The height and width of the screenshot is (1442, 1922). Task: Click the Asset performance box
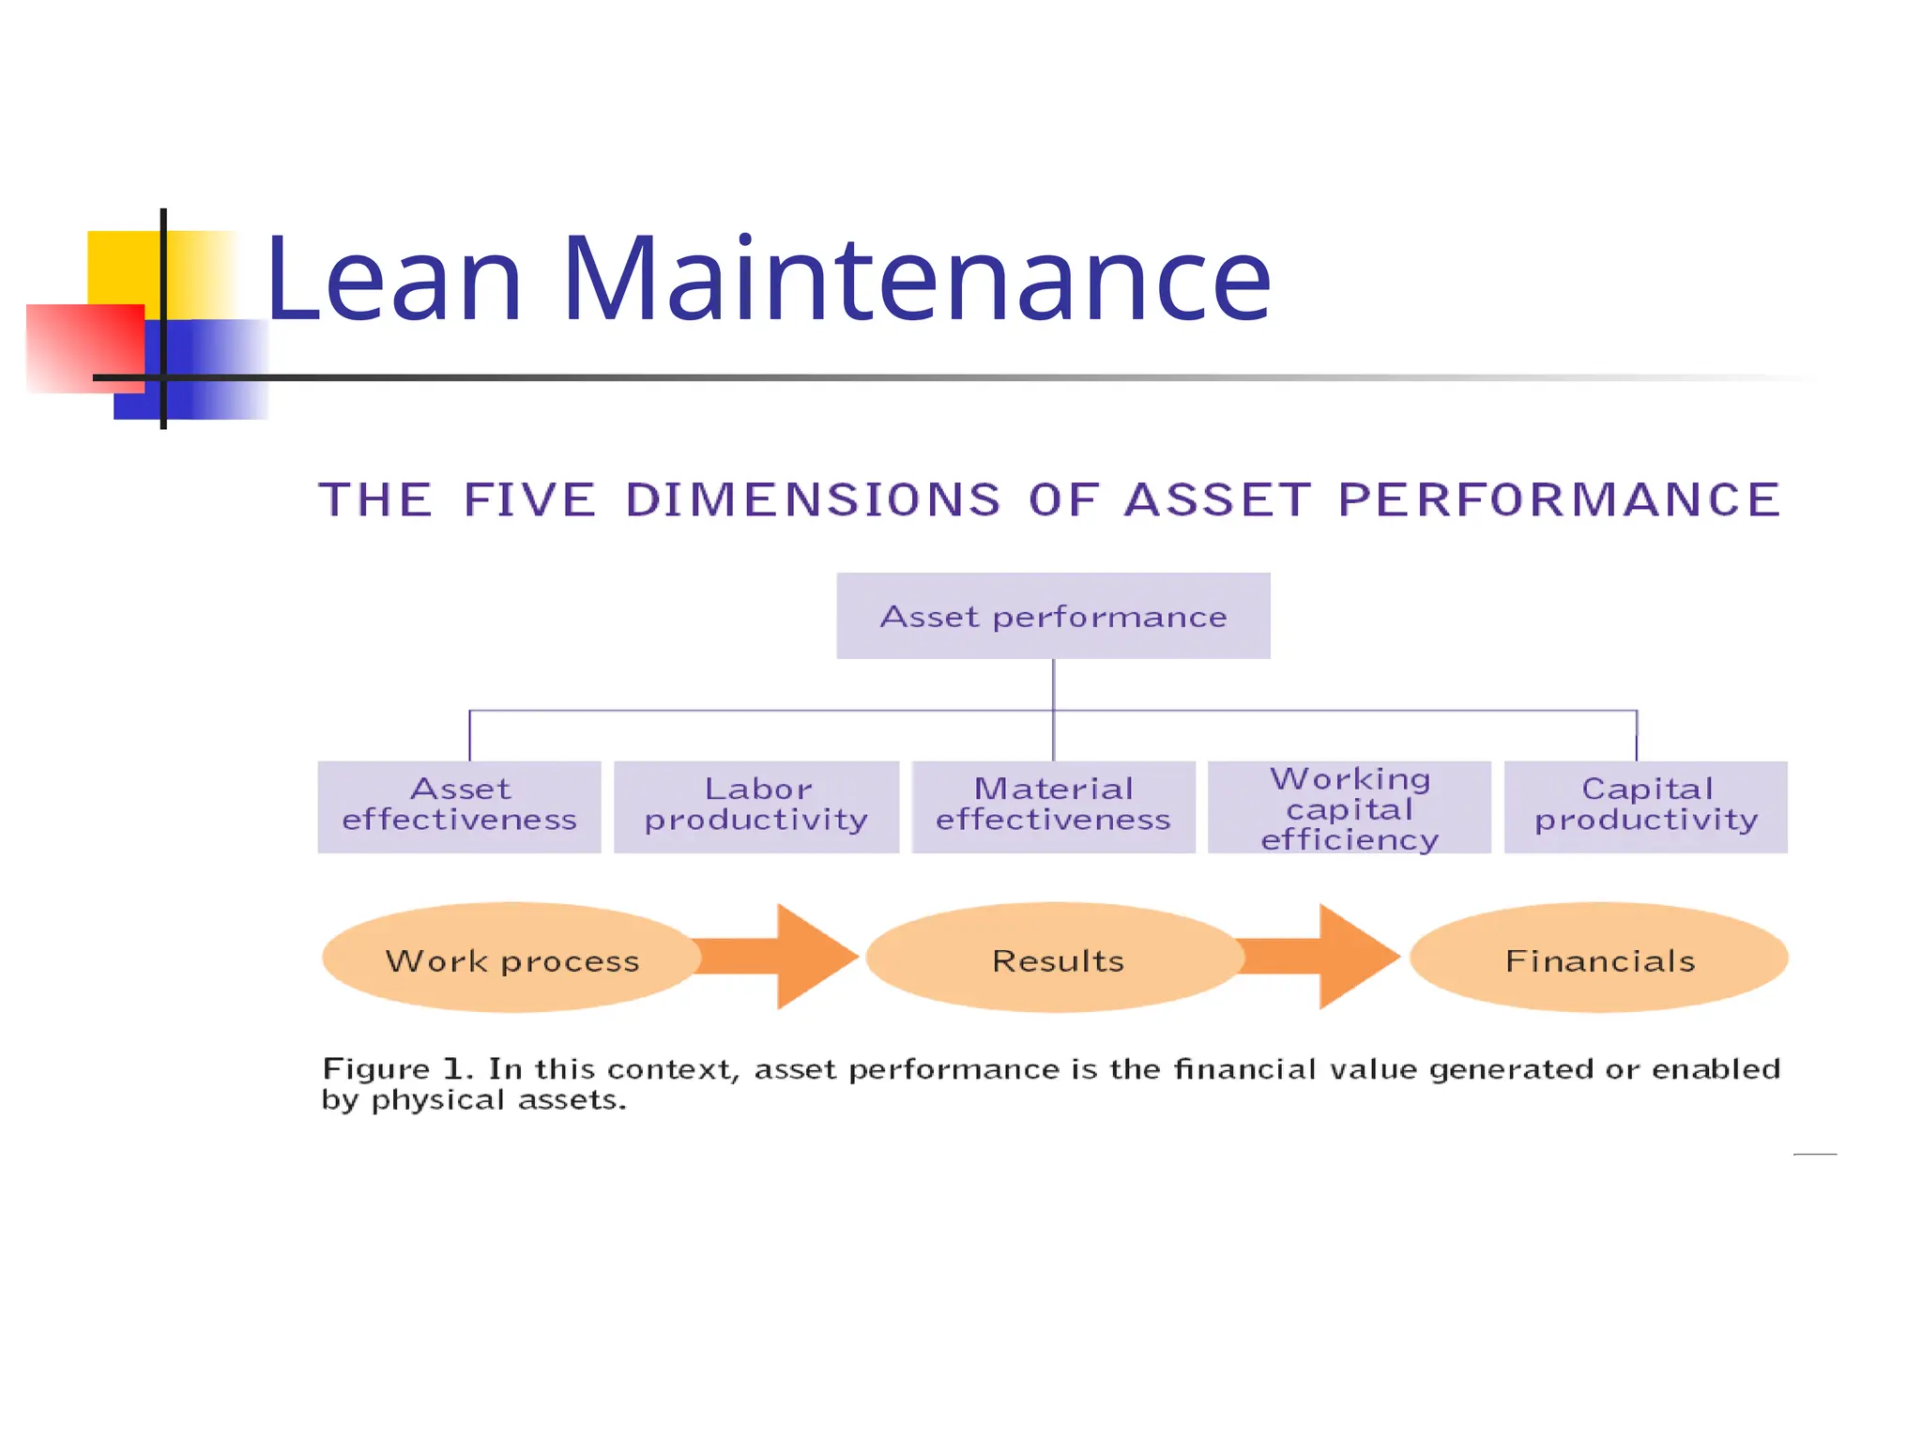point(1053,617)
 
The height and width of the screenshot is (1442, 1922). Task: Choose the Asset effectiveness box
point(459,806)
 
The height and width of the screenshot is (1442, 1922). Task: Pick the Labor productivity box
point(756,806)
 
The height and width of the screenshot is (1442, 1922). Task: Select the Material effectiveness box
point(1053,806)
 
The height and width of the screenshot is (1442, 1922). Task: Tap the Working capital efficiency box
point(1350,808)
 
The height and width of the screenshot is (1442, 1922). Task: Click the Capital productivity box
point(1646,806)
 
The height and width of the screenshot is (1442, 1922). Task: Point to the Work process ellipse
point(511,959)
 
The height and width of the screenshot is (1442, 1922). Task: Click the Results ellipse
point(1057,959)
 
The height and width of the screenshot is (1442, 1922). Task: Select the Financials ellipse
point(1600,959)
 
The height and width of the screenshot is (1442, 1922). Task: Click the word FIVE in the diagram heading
point(530,499)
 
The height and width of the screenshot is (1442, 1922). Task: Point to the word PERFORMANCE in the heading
point(1559,499)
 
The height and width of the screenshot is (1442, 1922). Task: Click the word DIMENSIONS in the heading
point(814,499)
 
